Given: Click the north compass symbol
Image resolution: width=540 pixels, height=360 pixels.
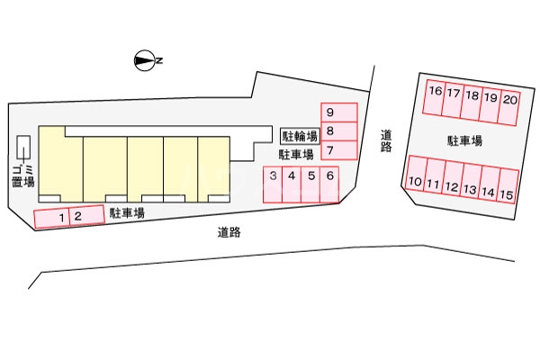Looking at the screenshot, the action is click(144, 61).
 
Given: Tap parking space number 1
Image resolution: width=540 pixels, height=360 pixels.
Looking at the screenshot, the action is click(51, 219).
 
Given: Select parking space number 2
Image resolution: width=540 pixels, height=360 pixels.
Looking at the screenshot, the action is click(86, 215).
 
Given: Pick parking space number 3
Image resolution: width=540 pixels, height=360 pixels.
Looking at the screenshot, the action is click(273, 184).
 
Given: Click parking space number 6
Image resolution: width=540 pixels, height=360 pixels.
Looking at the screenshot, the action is click(329, 184).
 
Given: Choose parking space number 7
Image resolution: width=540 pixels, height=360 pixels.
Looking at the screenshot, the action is click(339, 150).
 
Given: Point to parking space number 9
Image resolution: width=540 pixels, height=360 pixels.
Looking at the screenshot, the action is click(339, 112).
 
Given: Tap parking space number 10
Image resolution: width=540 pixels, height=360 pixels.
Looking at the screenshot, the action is click(416, 173).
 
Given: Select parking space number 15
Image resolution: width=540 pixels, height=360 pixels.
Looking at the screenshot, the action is click(508, 186).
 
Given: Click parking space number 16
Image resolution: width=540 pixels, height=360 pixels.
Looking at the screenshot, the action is click(435, 97).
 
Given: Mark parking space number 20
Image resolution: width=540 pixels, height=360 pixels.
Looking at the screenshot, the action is click(509, 108).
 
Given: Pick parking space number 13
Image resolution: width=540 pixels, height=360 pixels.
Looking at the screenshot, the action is click(471, 181).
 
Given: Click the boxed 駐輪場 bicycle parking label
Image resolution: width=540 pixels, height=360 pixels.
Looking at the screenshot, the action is click(300, 136).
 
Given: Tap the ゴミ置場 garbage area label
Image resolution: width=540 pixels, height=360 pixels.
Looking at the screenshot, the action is click(23, 176).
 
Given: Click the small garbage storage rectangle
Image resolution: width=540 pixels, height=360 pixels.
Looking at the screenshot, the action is click(23, 148).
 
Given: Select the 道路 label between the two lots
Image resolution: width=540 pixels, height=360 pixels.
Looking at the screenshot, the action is click(386, 140).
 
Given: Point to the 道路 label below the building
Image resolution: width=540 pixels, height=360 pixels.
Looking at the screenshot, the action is click(229, 232).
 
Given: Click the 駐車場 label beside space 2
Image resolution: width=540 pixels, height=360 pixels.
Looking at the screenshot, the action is click(127, 213).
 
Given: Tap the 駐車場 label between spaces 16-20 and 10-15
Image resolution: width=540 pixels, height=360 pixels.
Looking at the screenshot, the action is click(464, 141).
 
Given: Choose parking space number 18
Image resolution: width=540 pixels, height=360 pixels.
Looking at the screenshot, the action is click(472, 103).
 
